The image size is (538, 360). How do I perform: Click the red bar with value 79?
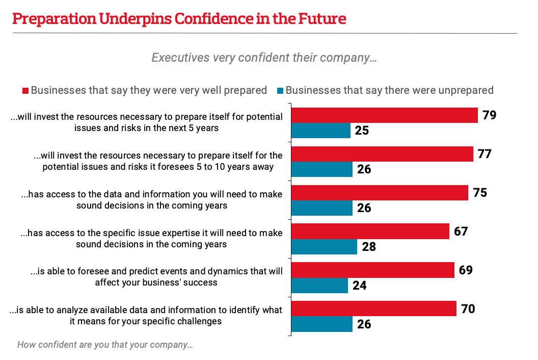tap(384, 115)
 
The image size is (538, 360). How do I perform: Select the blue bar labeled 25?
tap(321, 131)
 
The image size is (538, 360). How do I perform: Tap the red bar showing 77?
tap(382, 154)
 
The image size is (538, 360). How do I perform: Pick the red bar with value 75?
tap(380, 193)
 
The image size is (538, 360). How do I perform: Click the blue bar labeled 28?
tap(324, 247)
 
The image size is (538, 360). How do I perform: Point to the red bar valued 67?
tap(370, 232)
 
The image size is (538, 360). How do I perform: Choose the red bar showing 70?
tap(373, 308)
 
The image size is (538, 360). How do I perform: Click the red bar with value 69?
tap(372, 270)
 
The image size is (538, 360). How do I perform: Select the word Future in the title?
tap(322, 19)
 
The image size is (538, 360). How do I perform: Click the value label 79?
tap(489, 115)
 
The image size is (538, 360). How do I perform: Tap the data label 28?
tap(368, 247)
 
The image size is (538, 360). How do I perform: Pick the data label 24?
tap(359, 286)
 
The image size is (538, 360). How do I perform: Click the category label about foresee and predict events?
tap(156, 275)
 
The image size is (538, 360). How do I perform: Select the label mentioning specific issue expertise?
tap(151, 238)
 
